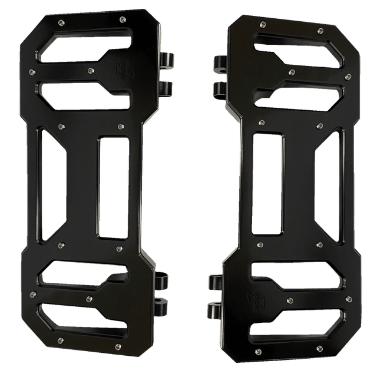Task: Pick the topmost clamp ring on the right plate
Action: [219, 63]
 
